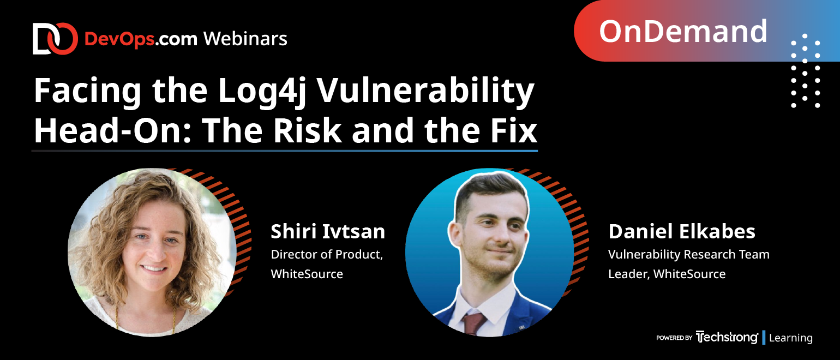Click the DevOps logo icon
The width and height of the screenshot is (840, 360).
(x=55, y=39)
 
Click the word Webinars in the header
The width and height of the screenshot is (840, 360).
(x=245, y=39)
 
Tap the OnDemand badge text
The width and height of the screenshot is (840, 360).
(x=683, y=32)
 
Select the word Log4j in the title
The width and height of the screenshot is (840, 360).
(x=262, y=92)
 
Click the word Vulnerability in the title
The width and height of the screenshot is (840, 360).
(x=426, y=92)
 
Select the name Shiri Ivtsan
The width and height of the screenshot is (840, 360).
(x=328, y=231)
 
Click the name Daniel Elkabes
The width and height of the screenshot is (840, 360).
(x=681, y=231)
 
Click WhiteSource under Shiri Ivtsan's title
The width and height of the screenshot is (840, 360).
(x=307, y=274)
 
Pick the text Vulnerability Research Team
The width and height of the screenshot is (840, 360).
(x=688, y=255)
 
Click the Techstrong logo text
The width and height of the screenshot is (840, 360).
(x=727, y=338)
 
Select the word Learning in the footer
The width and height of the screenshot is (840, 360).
(x=790, y=338)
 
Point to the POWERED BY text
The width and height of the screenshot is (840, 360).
(x=674, y=338)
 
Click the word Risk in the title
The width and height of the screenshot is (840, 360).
(x=307, y=130)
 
